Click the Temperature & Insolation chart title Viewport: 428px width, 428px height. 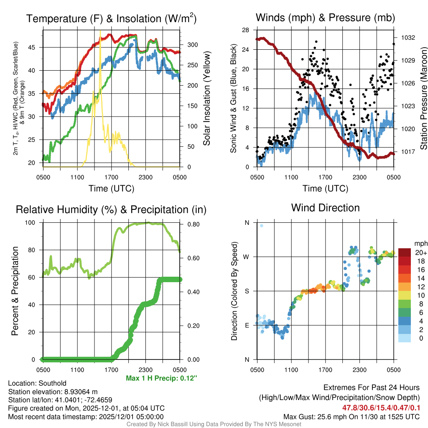pyautogui.click(x=111, y=18)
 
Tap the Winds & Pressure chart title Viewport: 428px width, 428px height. pyautogui.click(x=325, y=18)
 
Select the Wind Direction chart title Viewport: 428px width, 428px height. pyautogui.click(x=325, y=208)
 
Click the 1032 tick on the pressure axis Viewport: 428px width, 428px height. pyautogui.click(x=408, y=38)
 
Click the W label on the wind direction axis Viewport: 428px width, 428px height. pyautogui.click(x=247, y=257)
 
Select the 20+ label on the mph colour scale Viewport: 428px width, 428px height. pyautogui.click(x=421, y=253)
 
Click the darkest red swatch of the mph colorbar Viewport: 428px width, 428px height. pyautogui.click(x=405, y=252)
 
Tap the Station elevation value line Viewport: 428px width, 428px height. pyautogui.click(x=53, y=392)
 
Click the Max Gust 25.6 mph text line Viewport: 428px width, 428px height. pyautogui.click(x=352, y=416)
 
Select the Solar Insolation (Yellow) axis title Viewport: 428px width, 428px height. pyautogui.click(x=207, y=99)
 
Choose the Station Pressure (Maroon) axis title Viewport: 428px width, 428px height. pyautogui.click(x=423, y=99)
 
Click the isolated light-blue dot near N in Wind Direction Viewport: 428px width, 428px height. pyautogui.click(x=262, y=226)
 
